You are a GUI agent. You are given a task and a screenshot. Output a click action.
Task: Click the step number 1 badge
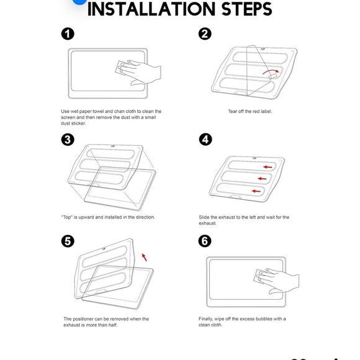[68, 34]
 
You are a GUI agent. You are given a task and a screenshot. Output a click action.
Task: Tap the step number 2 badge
[205, 34]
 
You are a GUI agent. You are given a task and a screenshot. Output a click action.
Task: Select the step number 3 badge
[68, 140]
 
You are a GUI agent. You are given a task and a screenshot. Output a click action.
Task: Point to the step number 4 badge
[205, 140]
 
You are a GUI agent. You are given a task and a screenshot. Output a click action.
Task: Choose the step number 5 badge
[68, 241]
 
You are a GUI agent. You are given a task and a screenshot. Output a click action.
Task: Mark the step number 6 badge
[205, 241]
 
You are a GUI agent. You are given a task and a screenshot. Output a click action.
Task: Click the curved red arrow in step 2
[271, 71]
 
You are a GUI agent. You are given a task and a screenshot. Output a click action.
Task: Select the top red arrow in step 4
[268, 167]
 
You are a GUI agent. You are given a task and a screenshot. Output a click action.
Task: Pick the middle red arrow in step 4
[262, 179]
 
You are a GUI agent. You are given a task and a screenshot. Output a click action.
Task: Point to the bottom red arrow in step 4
[256, 191]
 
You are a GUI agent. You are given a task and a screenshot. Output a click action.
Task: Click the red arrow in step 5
[144, 257]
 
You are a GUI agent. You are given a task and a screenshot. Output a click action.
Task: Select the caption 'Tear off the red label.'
[250, 111]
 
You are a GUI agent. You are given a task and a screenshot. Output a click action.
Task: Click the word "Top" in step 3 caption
[66, 217]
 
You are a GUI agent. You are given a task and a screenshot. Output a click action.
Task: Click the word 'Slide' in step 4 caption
[204, 217]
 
